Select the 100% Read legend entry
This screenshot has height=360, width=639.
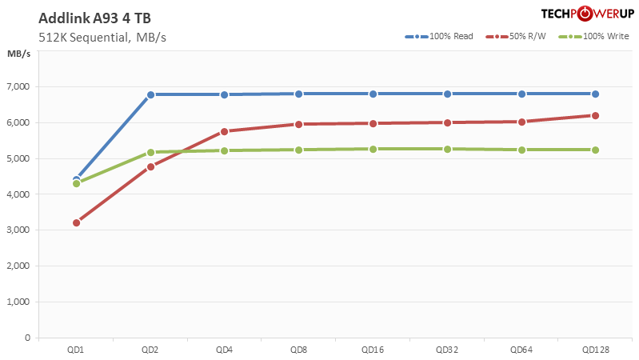tap(440, 36)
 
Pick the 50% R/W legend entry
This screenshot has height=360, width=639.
tap(519, 36)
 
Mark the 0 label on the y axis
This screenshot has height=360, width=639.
tap(27, 338)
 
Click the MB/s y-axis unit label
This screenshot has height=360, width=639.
tap(19, 54)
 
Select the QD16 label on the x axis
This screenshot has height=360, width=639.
tap(373, 350)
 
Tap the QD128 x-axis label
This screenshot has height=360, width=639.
tap(596, 350)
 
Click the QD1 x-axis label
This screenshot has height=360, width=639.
tap(76, 350)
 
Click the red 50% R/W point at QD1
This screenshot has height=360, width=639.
tap(76, 222)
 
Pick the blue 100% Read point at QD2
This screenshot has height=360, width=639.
tap(150, 94)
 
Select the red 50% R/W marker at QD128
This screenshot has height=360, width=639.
tap(596, 115)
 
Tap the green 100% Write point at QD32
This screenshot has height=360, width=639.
tap(447, 149)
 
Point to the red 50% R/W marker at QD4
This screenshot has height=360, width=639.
tap(225, 131)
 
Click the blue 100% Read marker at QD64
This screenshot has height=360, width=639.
tap(521, 94)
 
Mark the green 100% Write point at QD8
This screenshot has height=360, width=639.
tap(299, 150)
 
